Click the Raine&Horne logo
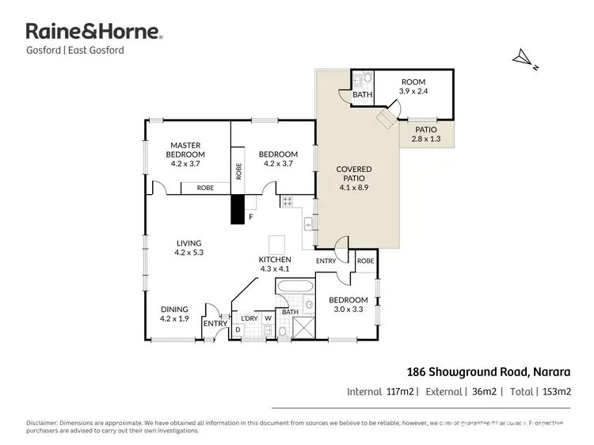94,32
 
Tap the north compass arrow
522,57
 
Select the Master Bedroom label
187,154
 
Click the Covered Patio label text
354,178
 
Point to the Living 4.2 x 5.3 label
188,248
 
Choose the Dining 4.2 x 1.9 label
174,314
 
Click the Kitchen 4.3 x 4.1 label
275,264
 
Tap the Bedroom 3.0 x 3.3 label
348,305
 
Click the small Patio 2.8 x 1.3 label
424,134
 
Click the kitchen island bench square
276,243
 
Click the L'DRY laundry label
249,318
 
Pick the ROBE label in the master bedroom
204,188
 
